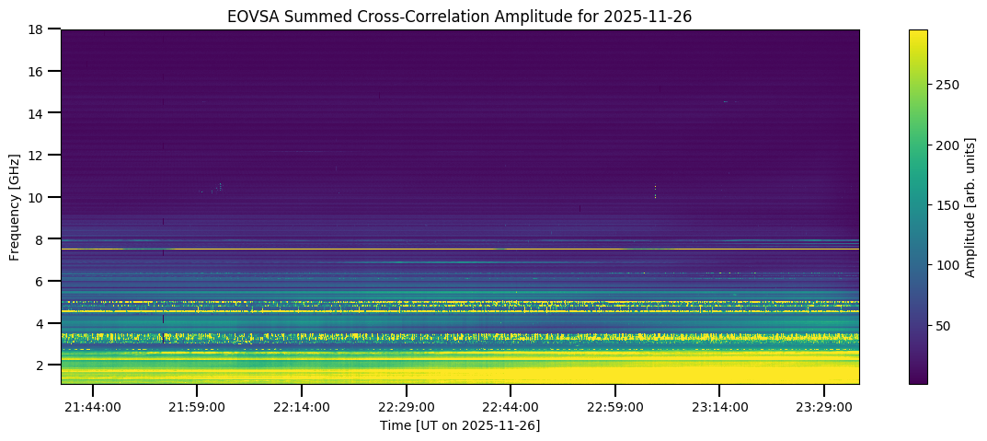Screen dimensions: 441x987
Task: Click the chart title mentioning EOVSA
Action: click(x=460, y=16)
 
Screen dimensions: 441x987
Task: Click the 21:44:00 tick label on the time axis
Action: click(x=93, y=407)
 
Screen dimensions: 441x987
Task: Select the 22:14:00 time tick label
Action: click(x=302, y=407)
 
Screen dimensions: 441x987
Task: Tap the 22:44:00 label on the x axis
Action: click(x=511, y=407)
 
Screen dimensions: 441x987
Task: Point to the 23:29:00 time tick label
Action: click(x=824, y=407)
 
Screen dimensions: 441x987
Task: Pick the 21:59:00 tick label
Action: click(x=198, y=407)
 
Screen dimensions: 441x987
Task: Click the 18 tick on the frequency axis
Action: click(x=40, y=29)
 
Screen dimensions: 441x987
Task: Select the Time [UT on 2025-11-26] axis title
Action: click(x=460, y=425)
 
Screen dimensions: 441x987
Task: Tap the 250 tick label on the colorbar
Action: click(x=947, y=85)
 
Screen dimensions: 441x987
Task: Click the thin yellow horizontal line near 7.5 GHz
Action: click(x=460, y=250)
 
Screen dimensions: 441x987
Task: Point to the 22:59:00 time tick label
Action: click(x=615, y=407)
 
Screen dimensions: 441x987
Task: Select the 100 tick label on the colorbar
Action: click(x=947, y=266)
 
